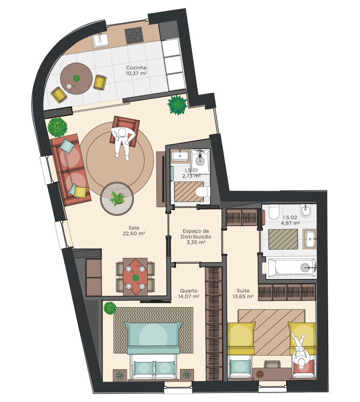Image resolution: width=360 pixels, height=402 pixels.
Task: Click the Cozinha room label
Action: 136,70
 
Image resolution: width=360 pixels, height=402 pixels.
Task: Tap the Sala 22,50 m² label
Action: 133,231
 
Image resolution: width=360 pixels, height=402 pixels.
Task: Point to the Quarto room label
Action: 189,293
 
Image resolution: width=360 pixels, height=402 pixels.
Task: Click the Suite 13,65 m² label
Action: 243,293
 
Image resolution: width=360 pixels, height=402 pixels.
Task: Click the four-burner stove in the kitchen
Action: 133,35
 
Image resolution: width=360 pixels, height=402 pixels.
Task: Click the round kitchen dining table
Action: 76,79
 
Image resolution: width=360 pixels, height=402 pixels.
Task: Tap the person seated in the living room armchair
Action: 123,142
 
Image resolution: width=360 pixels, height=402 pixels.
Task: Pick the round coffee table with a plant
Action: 117,198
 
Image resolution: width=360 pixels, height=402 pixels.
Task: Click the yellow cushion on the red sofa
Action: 80,192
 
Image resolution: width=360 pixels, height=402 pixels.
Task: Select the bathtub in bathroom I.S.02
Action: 291,268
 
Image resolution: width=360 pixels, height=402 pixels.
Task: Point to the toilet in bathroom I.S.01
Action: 202,192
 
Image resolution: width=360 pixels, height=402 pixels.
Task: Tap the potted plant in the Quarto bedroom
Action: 110,309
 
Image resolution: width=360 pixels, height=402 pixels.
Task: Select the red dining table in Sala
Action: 135,277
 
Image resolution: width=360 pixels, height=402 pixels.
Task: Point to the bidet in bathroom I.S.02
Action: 305,211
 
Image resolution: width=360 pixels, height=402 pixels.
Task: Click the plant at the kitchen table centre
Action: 76,78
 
